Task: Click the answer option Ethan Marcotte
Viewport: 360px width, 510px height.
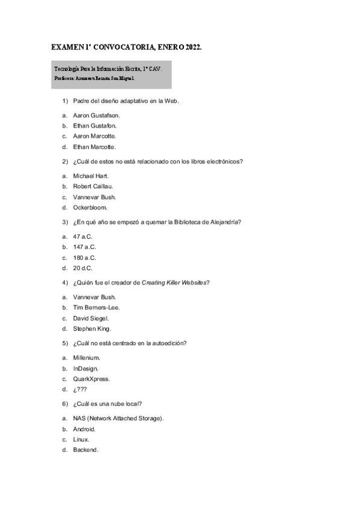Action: pyautogui.click(x=94, y=147)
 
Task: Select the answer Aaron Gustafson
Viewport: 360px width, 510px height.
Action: pyautogui.click(x=97, y=114)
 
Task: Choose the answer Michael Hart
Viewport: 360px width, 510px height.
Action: pyautogui.click(x=91, y=176)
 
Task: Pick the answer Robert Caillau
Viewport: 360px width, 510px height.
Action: pyautogui.click(x=93, y=186)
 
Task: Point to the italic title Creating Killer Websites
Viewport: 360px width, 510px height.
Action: pyautogui.click(x=178, y=283)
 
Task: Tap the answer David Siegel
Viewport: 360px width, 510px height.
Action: pyautogui.click(x=91, y=318)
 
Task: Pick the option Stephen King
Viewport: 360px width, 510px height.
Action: pyautogui.click(x=92, y=329)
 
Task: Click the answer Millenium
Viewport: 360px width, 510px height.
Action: pyautogui.click(x=87, y=357)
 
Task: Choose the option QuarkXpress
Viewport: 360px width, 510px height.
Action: pyautogui.click(x=91, y=379)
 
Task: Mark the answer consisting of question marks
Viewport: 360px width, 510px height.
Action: pyautogui.click(x=80, y=390)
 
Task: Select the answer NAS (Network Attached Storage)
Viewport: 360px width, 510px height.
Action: pyautogui.click(x=118, y=418)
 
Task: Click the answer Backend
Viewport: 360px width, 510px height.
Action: pyautogui.click(x=85, y=450)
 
